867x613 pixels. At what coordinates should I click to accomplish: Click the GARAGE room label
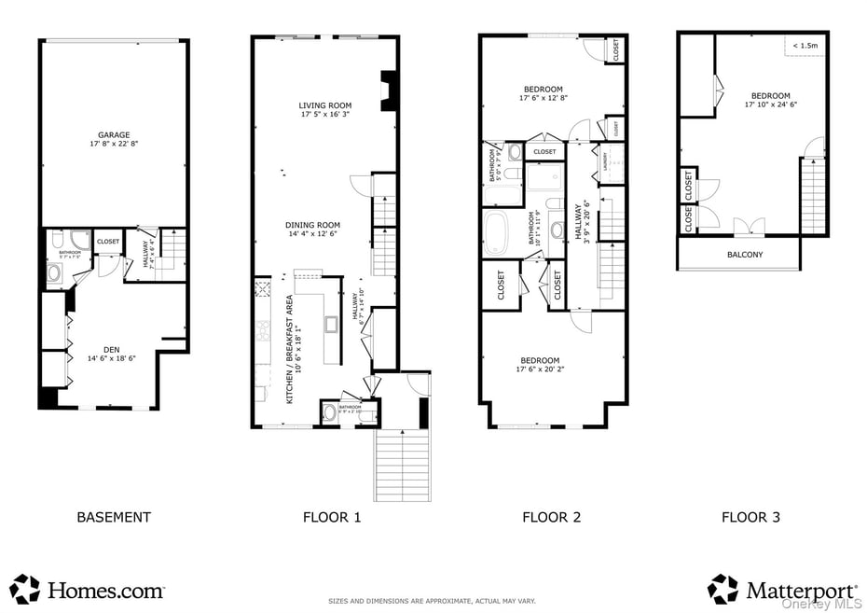[x=114, y=135]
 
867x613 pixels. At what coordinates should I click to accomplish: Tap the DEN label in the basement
[x=112, y=349]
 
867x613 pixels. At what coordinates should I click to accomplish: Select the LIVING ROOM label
[x=324, y=105]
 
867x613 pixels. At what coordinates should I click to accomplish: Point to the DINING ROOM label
[x=312, y=225]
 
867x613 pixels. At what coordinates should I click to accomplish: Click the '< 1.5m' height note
[x=805, y=45]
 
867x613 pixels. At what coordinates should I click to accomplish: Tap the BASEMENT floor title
[x=113, y=517]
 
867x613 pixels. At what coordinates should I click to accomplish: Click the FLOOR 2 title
[x=551, y=517]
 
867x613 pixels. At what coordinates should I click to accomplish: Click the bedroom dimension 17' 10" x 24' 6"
[x=770, y=104]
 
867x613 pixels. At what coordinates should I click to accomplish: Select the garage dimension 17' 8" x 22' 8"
[x=114, y=145]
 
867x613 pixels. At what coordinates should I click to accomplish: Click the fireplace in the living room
[x=389, y=91]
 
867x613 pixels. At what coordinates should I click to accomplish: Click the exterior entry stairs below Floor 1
[x=403, y=466]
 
